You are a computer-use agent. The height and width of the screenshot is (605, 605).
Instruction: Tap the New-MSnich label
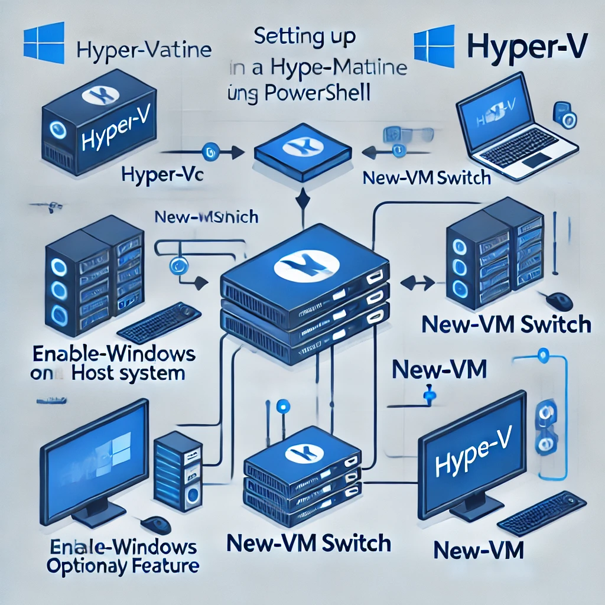click(205, 217)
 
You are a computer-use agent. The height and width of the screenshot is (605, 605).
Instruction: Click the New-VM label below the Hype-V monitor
click(479, 551)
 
